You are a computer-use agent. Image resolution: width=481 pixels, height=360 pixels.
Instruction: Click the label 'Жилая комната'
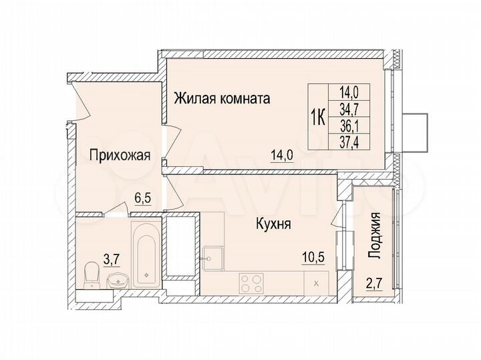222,100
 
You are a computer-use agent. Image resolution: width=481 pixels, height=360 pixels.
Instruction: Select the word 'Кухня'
273,225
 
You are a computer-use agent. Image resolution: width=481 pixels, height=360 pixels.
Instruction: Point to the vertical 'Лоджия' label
376,235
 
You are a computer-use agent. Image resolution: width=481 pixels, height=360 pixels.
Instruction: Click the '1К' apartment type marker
318,119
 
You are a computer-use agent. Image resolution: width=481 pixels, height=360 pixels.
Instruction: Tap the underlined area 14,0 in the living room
281,156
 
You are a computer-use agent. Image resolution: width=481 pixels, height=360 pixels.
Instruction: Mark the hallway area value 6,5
142,198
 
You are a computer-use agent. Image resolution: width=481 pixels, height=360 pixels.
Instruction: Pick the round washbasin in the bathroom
118,280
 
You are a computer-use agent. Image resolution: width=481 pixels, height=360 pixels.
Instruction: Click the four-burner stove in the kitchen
253,284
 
